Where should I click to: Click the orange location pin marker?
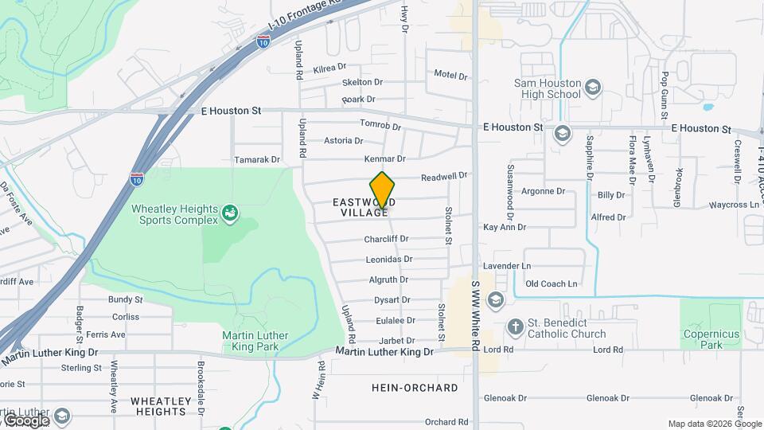point(383,190)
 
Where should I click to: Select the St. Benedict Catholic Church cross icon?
point(516,327)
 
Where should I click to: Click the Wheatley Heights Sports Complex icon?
point(230,213)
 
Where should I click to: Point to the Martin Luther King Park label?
point(255,341)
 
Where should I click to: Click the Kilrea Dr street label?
point(329,68)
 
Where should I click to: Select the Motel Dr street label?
point(450,75)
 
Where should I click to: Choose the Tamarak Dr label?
point(257,160)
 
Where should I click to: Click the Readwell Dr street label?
point(443,176)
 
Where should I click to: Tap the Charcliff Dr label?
point(386,239)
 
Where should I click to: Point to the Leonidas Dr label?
point(388,259)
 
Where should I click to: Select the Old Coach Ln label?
point(552,283)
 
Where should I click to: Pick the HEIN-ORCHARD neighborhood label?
point(415,388)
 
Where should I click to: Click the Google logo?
point(25,420)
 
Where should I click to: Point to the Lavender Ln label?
point(507,265)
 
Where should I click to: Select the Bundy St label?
point(126,300)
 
